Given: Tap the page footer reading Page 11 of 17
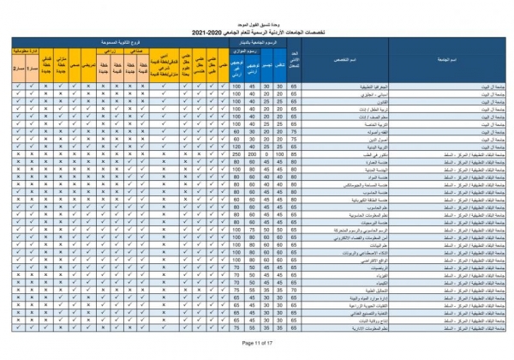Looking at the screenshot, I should (257, 342).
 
